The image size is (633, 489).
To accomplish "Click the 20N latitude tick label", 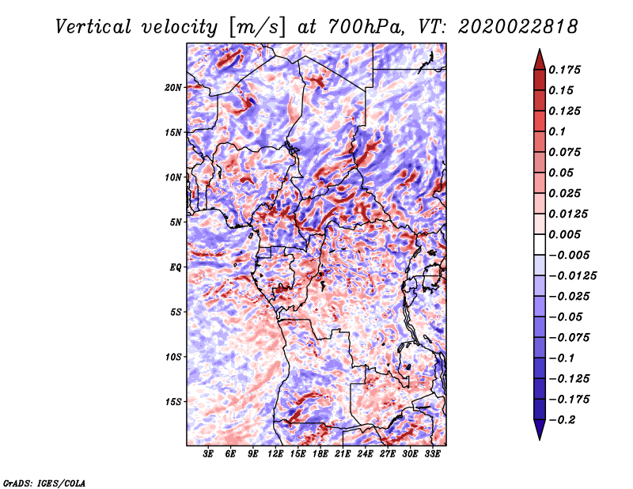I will pyautogui.click(x=173, y=87).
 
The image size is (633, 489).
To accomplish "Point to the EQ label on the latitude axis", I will pyautogui.click(x=176, y=267).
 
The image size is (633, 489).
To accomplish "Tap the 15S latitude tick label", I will pyautogui.click(x=173, y=402).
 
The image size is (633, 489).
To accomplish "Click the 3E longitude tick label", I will pyautogui.click(x=209, y=454).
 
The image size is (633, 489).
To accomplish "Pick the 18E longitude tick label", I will pyautogui.click(x=320, y=454).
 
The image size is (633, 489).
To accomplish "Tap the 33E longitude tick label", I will pyautogui.click(x=432, y=454).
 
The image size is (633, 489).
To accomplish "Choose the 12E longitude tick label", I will pyautogui.click(x=275, y=454).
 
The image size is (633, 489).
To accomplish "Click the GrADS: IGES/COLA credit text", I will pyautogui.click(x=44, y=481).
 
